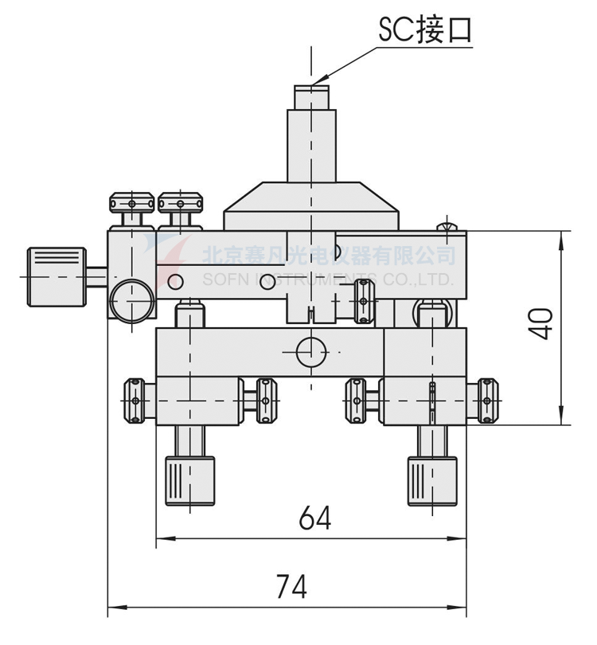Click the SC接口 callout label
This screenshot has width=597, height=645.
pos(425,29)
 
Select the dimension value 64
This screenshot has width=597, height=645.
pos(314,518)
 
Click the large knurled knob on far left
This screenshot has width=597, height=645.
pos(57,276)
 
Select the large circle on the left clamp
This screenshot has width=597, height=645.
pos(132,300)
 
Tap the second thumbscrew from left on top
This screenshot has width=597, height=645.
pos(181,204)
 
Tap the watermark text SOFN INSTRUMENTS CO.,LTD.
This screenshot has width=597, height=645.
pos(327,279)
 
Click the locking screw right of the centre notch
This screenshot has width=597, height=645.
pos(365,301)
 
